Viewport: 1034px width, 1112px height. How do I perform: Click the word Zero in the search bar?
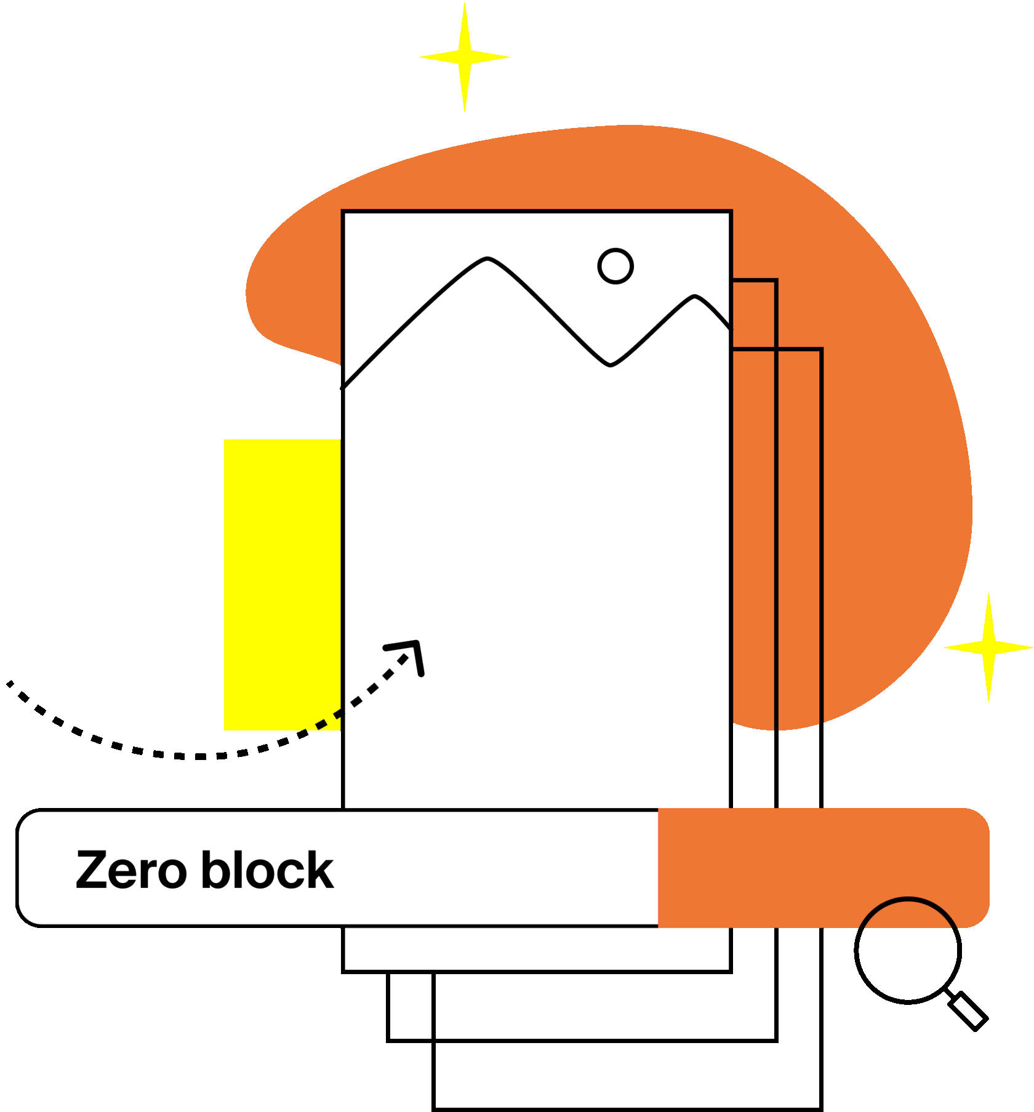click(130, 870)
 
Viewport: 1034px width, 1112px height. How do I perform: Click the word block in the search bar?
click(267, 870)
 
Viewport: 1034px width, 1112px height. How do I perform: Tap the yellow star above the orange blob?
click(465, 57)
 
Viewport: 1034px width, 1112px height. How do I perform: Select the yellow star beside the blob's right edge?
click(988, 647)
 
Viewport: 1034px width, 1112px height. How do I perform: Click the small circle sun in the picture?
click(615, 266)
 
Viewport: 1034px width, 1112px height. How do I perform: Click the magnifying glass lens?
click(908, 950)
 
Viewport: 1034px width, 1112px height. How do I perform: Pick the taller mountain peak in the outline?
click(487, 259)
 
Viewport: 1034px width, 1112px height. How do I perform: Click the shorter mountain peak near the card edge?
click(695, 297)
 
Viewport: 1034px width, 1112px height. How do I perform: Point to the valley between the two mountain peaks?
click(610, 365)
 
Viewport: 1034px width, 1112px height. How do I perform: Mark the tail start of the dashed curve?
click(10, 683)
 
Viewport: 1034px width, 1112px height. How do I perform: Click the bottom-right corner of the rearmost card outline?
click(821, 1108)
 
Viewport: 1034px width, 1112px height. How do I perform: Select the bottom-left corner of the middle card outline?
click(388, 1040)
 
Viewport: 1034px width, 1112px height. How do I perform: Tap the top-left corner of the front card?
click(343, 212)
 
